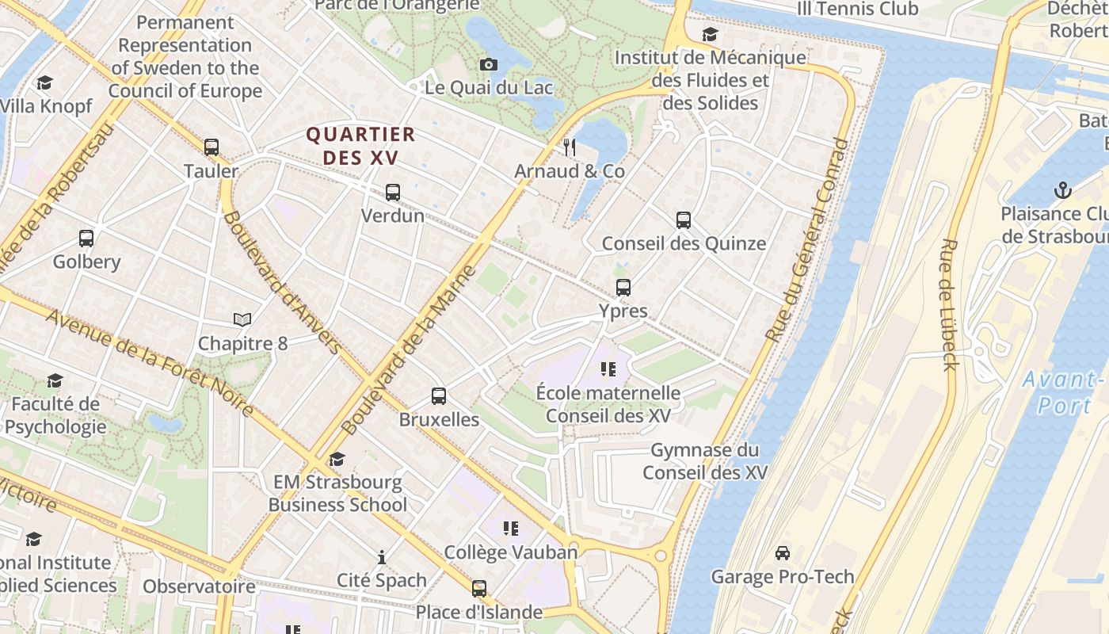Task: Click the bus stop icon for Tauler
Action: [x=212, y=147]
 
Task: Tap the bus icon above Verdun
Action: [x=393, y=192]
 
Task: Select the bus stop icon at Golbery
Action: [x=86, y=238]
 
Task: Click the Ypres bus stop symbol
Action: [x=623, y=287]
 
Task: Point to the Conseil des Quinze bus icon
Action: [x=684, y=220]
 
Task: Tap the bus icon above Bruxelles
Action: [x=439, y=396]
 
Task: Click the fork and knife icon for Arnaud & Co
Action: [x=569, y=147]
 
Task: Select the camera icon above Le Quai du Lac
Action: [x=489, y=64]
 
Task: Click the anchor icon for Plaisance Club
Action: [x=1063, y=190]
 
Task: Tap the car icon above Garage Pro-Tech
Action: [x=783, y=552]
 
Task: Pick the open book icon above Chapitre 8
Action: [x=242, y=319]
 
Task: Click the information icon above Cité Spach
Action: [x=382, y=557]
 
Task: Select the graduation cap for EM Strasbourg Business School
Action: [x=337, y=459]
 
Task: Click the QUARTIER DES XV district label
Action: [x=361, y=146]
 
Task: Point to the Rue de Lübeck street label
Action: [x=949, y=304]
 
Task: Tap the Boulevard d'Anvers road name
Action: [x=282, y=281]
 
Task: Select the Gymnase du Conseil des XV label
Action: [x=704, y=461]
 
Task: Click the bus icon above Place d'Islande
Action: [x=479, y=589]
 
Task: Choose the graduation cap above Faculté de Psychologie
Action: [x=55, y=381]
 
